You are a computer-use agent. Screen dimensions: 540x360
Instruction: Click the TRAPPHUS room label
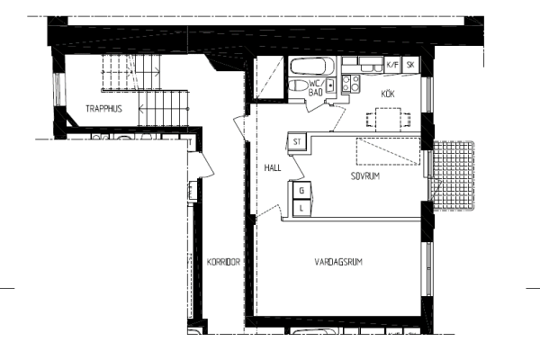point(103,109)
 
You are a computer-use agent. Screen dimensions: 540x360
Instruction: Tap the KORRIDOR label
point(223,262)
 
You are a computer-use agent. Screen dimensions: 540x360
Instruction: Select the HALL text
point(273,167)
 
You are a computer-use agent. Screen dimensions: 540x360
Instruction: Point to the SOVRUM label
point(365,176)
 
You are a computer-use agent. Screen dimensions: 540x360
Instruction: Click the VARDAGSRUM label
point(338,262)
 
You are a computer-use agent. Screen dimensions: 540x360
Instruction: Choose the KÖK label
point(388,94)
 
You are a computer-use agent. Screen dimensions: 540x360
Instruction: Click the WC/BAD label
point(317,88)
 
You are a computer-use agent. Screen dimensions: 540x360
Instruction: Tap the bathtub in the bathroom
point(312,67)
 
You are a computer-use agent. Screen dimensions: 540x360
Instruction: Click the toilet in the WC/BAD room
point(298,85)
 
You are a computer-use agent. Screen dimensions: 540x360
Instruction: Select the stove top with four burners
point(351,84)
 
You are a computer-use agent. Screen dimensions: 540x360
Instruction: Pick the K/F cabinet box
point(392,65)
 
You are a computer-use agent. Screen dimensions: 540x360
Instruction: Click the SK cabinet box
point(410,65)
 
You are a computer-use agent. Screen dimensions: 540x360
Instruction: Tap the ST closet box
point(297,141)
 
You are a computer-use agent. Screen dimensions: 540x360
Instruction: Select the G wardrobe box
point(302,191)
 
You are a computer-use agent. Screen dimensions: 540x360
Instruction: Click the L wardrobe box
point(302,208)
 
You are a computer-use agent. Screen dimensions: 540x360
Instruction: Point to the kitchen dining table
point(388,120)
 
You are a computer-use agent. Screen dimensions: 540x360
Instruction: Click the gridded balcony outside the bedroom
point(454,175)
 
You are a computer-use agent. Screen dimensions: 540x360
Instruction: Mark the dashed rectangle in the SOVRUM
point(388,151)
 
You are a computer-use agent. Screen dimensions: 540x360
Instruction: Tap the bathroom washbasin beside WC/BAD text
point(330,85)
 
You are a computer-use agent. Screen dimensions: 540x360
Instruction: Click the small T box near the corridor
point(190,142)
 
